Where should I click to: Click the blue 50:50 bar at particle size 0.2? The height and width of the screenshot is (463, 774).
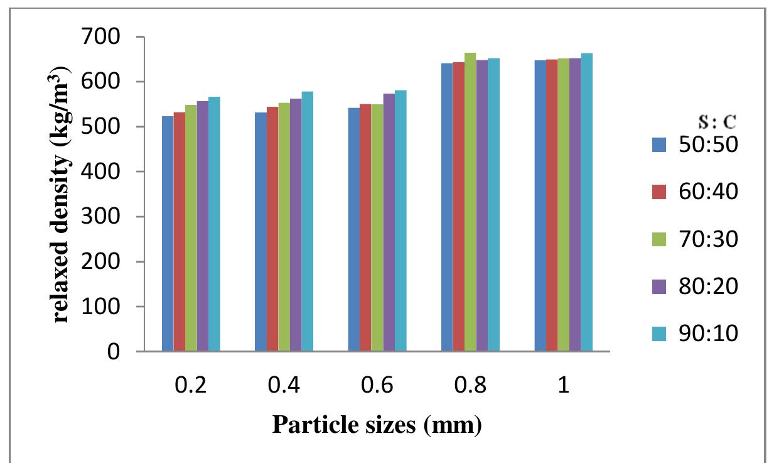[x=168, y=234]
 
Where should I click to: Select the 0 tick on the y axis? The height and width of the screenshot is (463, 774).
[x=112, y=352]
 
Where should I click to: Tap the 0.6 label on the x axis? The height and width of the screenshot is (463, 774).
[x=377, y=384]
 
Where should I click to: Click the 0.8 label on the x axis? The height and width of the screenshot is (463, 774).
[x=470, y=384]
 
